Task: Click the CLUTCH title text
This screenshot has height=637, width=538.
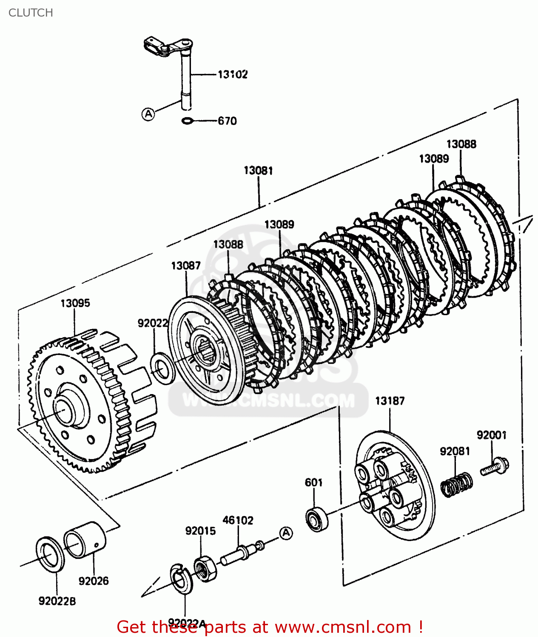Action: point(31,13)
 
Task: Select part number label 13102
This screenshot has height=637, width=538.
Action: point(232,74)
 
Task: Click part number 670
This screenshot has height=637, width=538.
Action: point(227,121)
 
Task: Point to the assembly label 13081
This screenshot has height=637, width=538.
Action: point(258,171)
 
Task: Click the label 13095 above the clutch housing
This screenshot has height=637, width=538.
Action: point(75,303)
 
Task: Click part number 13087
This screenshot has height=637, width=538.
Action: point(185,266)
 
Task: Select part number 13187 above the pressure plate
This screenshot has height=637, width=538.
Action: point(390,401)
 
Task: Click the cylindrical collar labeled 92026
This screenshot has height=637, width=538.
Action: point(85,540)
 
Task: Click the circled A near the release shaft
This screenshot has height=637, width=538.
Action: point(148,114)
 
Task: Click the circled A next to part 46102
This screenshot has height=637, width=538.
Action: point(286,533)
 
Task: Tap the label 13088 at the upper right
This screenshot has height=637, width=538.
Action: point(461,144)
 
